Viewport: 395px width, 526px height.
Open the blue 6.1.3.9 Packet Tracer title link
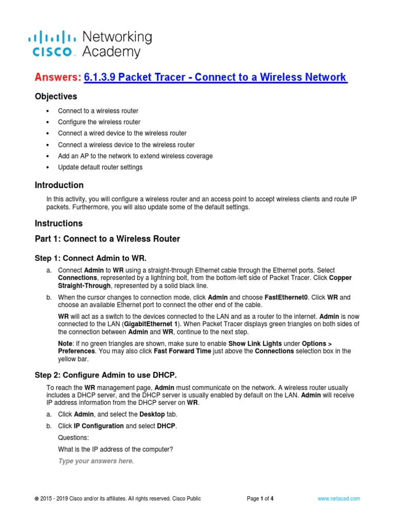tap(216, 77)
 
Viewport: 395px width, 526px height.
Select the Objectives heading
tap(56, 97)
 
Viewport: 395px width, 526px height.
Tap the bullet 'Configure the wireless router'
tap(99, 122)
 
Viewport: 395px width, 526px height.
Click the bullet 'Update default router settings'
tap(100, 167)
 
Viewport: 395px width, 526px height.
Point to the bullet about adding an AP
tap(135, 156)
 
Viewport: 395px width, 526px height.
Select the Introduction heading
tap(59, 185)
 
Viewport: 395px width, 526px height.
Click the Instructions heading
tap(58, 223)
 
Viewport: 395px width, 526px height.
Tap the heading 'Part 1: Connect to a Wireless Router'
tap(107, 239)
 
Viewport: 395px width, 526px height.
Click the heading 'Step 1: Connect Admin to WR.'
tap(94, 257)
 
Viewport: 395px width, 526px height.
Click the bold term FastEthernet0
tap(286, 297)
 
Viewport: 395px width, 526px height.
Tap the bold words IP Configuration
tap(99, 426)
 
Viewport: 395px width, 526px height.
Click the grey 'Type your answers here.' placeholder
tap(96, 461)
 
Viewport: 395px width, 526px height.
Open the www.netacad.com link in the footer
tap(338, 498)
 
